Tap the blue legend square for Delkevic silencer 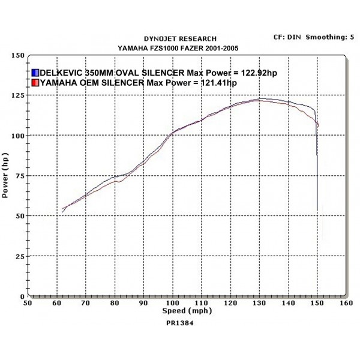coord(35,73)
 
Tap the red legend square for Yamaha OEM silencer coord(35,82)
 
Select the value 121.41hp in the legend coord(215,82)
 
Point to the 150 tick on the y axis coord(18,55)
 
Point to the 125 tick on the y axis coord(18,95)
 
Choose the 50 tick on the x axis coord(28,304)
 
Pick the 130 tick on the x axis coord(259,304)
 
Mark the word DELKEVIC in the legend coord(62,73)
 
